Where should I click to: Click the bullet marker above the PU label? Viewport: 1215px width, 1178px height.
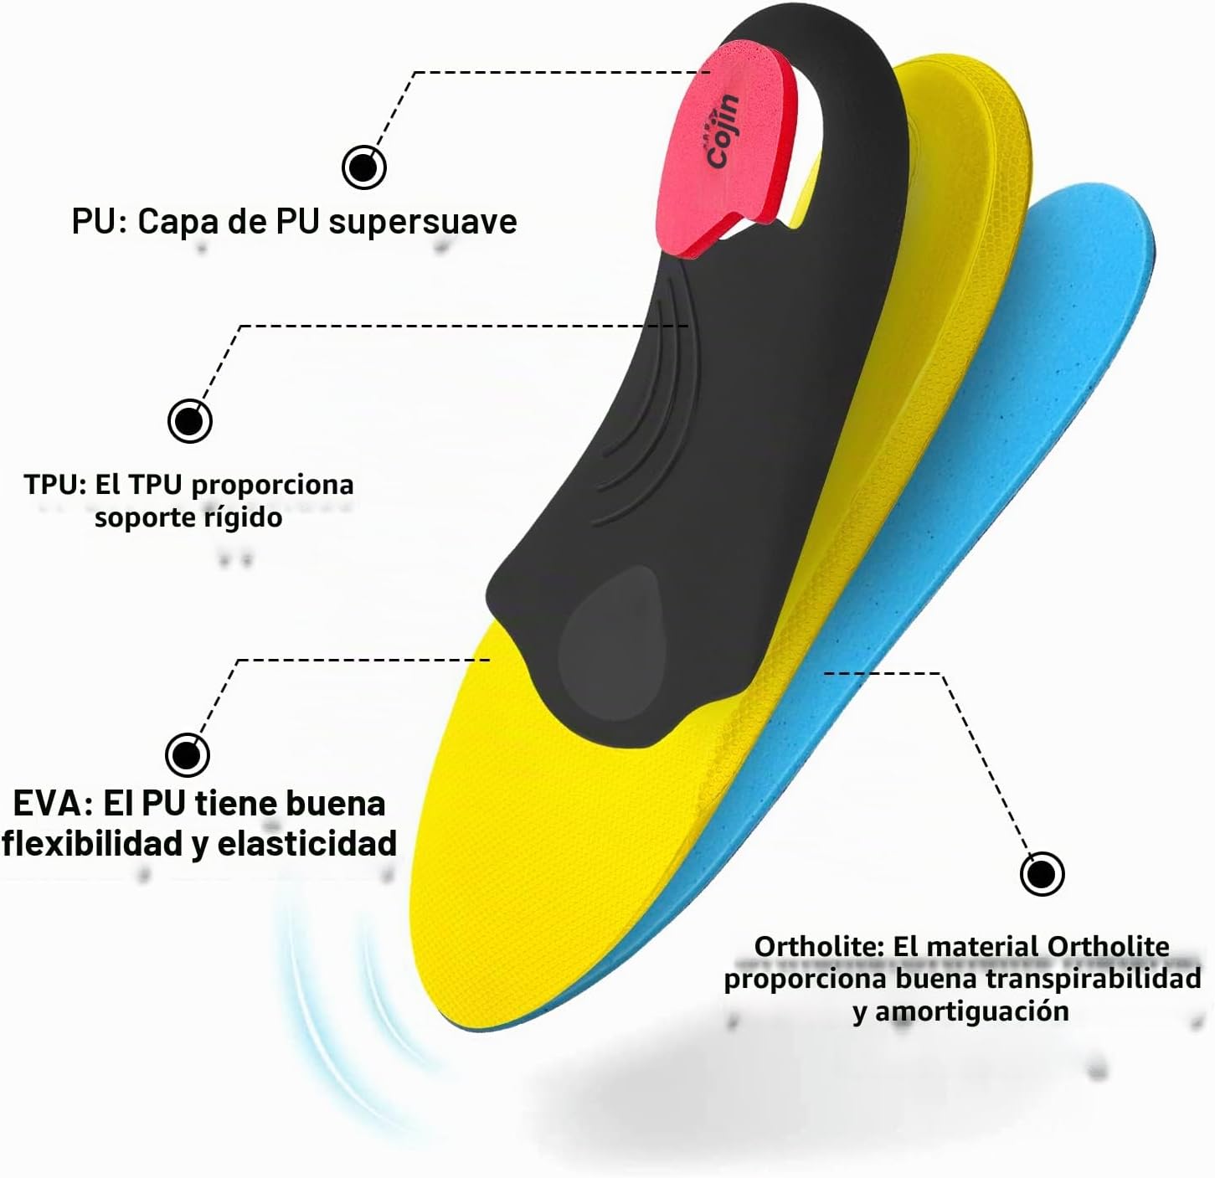point(364,167)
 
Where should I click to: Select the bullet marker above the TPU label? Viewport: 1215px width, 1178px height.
point(190,421)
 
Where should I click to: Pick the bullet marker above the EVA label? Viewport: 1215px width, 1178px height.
point(188,755)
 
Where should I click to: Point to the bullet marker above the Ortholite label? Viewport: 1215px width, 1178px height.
point(1042,873)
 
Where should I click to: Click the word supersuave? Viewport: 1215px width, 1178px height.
point(423,222)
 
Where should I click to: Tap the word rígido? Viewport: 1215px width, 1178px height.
point(252,518)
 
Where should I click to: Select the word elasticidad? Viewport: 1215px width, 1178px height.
point(307,844)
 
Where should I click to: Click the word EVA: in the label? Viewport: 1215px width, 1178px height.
point(53,804)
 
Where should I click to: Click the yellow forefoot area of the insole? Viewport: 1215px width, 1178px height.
point(549,843)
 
